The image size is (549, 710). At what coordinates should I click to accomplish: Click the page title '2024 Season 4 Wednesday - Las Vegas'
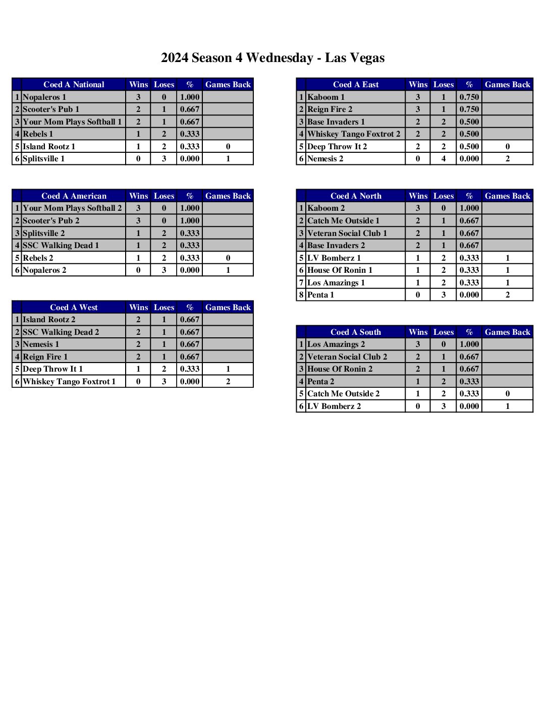coord(272,58)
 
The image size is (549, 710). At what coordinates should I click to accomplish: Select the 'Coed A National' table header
coord(74,85)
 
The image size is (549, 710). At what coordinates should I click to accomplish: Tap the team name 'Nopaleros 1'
coord(44,97)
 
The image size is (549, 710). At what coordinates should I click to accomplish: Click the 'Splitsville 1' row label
coord(43,159)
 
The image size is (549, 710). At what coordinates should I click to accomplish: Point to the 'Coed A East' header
coord(355,85)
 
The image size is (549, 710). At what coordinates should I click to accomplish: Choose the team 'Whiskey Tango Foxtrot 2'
coord(353,134)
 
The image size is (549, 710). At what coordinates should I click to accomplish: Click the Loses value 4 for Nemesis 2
coord(444,159)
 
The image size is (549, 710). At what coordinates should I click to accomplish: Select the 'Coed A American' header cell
coord(74,196)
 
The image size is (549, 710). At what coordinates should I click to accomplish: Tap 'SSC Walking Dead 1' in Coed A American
coord(61,246)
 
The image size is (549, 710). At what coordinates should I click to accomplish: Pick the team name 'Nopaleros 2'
coord(44,270)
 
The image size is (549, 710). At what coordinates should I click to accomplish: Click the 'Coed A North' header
coord(355,196)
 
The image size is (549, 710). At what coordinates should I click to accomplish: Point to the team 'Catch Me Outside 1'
coord(343,221)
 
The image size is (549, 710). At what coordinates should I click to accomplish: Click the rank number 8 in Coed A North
coord(301,295)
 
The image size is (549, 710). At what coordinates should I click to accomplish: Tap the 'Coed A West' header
coord(74,308)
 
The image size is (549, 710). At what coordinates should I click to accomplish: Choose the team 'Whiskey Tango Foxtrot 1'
coord(69,382)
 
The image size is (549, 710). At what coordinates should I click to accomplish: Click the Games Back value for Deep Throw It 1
coord(228,369)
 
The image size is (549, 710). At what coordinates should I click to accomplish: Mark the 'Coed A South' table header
coord(355,332)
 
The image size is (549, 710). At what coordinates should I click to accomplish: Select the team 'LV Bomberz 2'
coord(334,406)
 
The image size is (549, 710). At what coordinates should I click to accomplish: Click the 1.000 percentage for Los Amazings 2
coord(469,344)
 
